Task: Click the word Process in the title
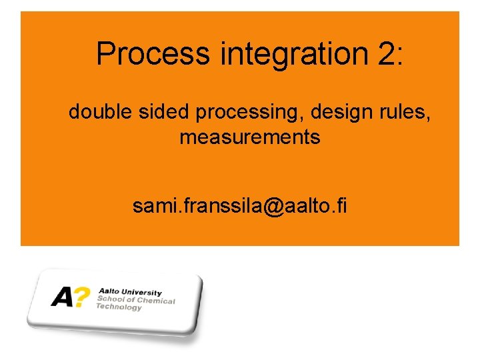pos(152,54)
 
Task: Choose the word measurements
pos(249,138)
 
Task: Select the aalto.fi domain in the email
pos(313,206)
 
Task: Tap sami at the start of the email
pos(150,206)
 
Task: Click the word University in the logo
pos(139,293)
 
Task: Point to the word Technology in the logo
pos(119,307)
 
